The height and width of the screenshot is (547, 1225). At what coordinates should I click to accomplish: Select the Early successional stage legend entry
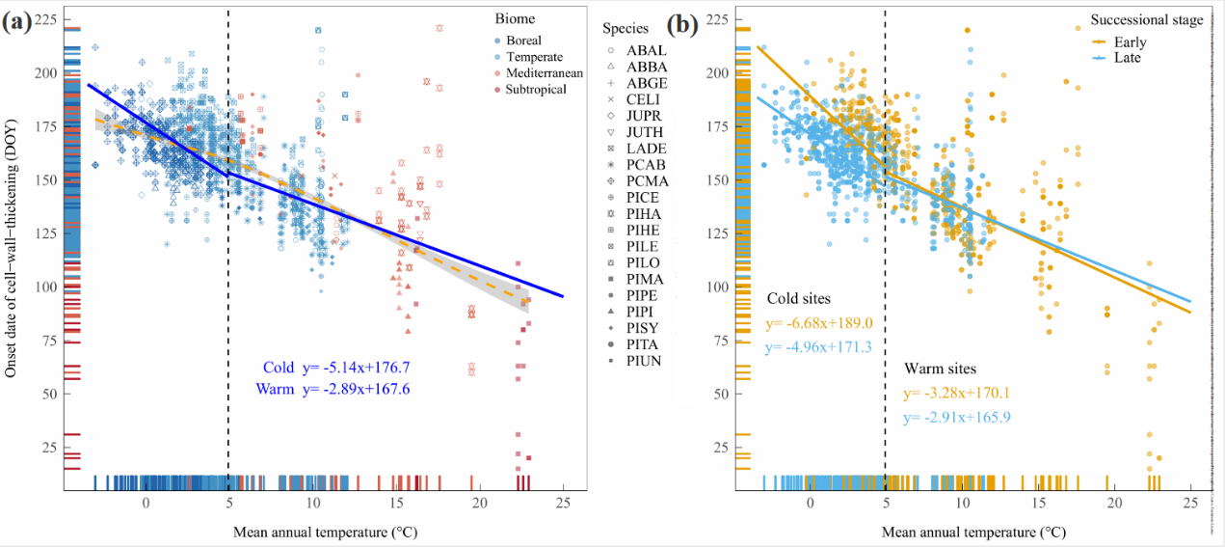1129,41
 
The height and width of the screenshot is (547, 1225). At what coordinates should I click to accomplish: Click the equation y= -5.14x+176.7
357,368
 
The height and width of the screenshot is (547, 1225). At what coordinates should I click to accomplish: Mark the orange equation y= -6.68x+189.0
819,324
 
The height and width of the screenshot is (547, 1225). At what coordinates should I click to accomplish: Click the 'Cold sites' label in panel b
799,298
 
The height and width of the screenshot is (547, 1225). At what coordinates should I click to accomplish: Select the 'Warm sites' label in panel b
940,369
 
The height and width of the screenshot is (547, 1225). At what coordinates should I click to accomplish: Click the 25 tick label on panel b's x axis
1190,503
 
